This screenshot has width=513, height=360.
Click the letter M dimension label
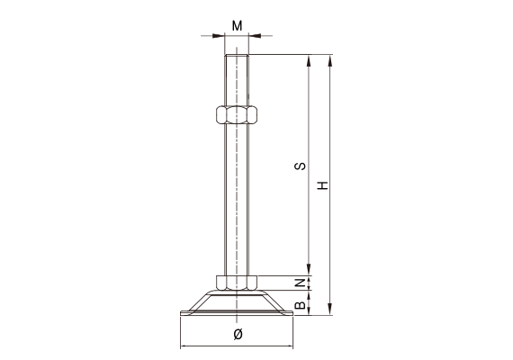237,24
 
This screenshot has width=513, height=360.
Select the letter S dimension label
301,166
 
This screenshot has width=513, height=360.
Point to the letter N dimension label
301,284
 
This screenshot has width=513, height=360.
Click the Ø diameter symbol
237,335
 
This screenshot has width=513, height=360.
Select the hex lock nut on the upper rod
237,114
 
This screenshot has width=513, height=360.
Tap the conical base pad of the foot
237,301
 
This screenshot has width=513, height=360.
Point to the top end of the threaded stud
237,58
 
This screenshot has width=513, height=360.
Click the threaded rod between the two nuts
237,198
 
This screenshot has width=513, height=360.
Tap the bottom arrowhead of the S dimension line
310,272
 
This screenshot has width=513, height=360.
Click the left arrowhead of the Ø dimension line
184,346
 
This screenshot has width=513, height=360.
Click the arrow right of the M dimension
254,36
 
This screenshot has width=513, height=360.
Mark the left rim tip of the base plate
182,314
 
